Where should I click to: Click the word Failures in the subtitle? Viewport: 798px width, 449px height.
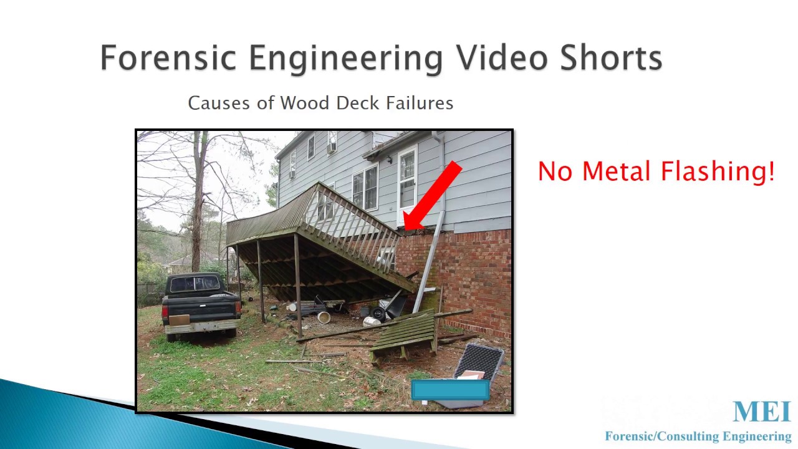[x=420, y=103]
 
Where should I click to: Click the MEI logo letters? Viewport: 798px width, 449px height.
[x=761, y=412]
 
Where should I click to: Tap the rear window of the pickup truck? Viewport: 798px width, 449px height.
[x=195, y=284]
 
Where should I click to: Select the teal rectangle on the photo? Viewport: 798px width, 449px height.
[x=450, y=390]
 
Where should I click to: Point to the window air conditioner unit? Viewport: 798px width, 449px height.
[x=332, y=148]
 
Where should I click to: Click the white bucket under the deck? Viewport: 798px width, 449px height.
[x=324, y=317]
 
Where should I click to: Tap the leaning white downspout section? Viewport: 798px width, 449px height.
[x=429, y=262]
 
